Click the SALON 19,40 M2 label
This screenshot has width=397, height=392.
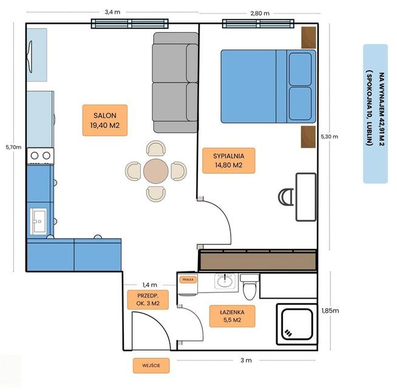click(101, 120)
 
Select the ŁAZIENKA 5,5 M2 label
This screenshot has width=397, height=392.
click(232, 316)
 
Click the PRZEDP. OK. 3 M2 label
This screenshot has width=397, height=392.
click(143, 299)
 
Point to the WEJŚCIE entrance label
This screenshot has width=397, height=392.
click(151, 365)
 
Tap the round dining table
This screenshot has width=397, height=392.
click(156, 171)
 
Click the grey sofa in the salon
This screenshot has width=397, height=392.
click(175, 82)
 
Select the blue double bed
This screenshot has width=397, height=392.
click(268, 85)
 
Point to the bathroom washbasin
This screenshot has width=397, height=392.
click(225, 281)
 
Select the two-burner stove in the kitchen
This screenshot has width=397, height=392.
click(40, 156)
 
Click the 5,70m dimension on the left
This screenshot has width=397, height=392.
click(13, 147)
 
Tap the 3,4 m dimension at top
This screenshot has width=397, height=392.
click(112, 12)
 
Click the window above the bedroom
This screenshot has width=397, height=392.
click(259, 24)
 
